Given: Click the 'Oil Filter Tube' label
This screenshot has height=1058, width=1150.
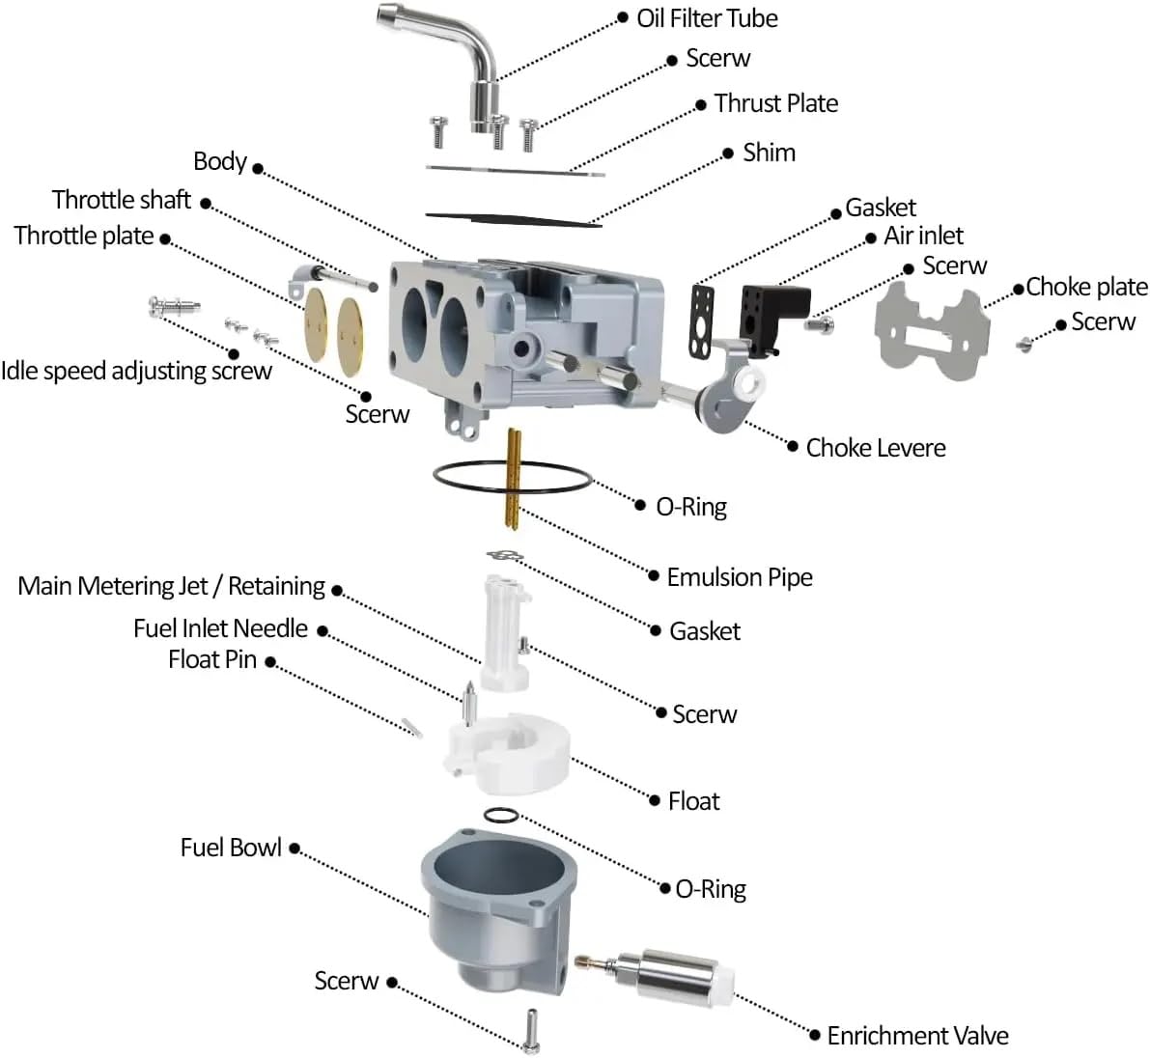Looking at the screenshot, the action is coord(707,18).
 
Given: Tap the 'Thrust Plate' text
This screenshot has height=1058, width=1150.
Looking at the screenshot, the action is coord(776,103).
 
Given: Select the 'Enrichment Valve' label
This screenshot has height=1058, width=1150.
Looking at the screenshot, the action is coord(917,1035).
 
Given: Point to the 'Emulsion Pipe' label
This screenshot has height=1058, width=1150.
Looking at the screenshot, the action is coord(740,577).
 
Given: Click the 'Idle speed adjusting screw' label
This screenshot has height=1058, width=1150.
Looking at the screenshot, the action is coord(136,371).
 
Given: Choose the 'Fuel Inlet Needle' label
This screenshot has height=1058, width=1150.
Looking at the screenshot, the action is coord(220,628).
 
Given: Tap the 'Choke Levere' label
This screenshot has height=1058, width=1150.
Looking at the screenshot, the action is coord(876,448).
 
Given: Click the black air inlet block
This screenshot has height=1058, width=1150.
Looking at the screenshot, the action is coord(773,317).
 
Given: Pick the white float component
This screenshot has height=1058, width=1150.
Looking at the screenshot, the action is coord(508,753).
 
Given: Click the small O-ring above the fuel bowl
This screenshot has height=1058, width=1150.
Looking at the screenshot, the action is coord(502,816).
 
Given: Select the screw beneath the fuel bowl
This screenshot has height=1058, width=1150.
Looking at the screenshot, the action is coord(532,1030).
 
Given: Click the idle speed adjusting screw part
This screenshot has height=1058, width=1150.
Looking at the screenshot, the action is coord(174,305).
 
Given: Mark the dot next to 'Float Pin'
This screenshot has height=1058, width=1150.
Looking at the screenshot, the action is coord(270,662).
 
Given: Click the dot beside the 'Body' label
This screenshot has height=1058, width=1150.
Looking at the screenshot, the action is coord(258,168).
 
